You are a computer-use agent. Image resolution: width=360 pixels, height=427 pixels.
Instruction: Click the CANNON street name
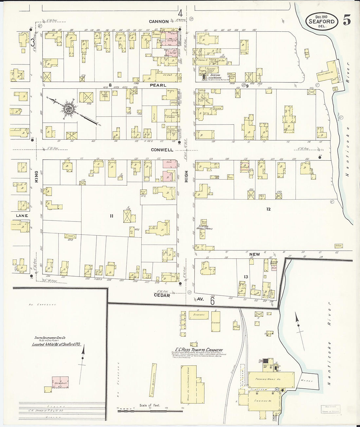pyautogui.click(x=159, y=22)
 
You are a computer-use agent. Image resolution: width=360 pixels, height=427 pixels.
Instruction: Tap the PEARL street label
pyautogui.click(x=159, y=85)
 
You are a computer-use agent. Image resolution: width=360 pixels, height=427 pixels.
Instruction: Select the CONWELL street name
pyautogui.click(x=162, y=150)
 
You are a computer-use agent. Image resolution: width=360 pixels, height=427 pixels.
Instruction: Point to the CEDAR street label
pyautogui.click(x=162, y=295)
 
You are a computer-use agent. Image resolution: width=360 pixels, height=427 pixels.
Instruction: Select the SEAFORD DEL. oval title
pyautogui.click(x=322, y=21)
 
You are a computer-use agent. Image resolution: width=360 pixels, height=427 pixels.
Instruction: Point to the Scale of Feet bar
pyautogui.click(x=150, y=409)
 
